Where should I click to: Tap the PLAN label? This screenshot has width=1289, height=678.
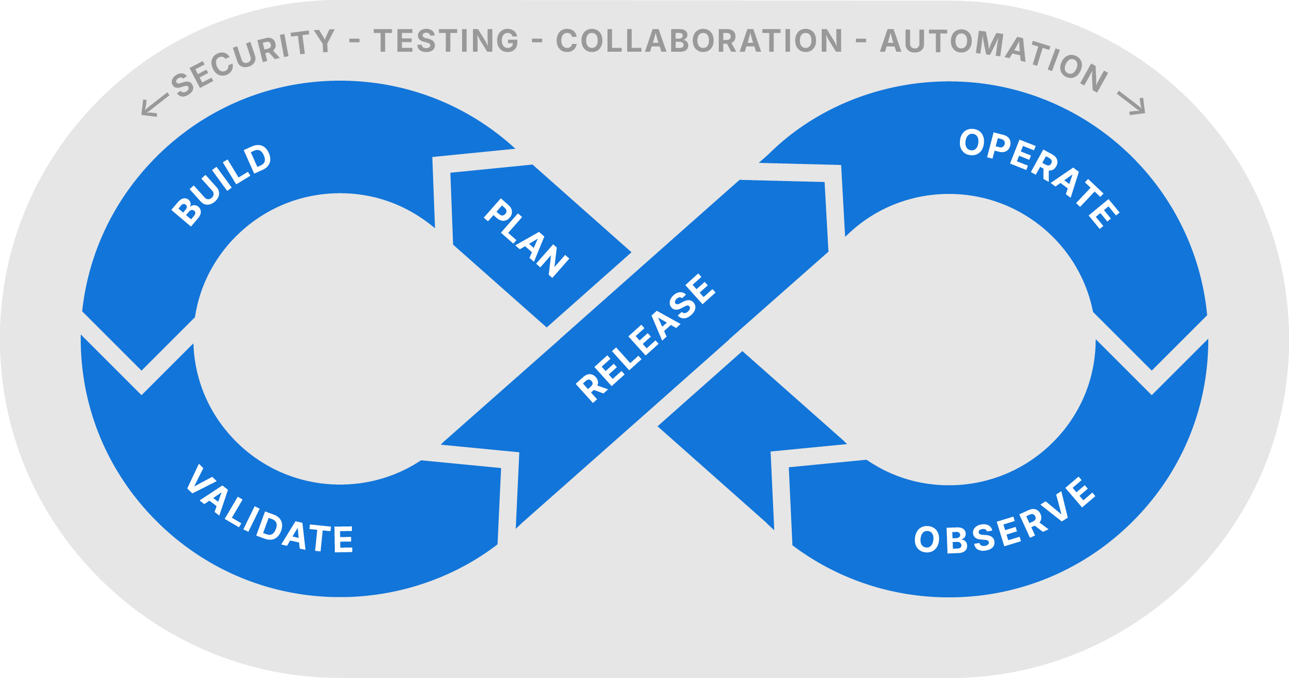tap(527, 238)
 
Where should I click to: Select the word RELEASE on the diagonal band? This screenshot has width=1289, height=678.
tap(646, 338)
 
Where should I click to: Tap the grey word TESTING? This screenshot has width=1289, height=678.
tap(446, 41)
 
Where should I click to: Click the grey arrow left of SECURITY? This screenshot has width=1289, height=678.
tap(155, 106)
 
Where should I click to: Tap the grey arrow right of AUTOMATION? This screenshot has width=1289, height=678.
tap(1132, 103)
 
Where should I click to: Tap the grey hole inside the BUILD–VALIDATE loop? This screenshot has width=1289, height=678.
tap(339, 339)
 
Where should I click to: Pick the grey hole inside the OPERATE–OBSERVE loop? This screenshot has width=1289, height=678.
tap(950, 339)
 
